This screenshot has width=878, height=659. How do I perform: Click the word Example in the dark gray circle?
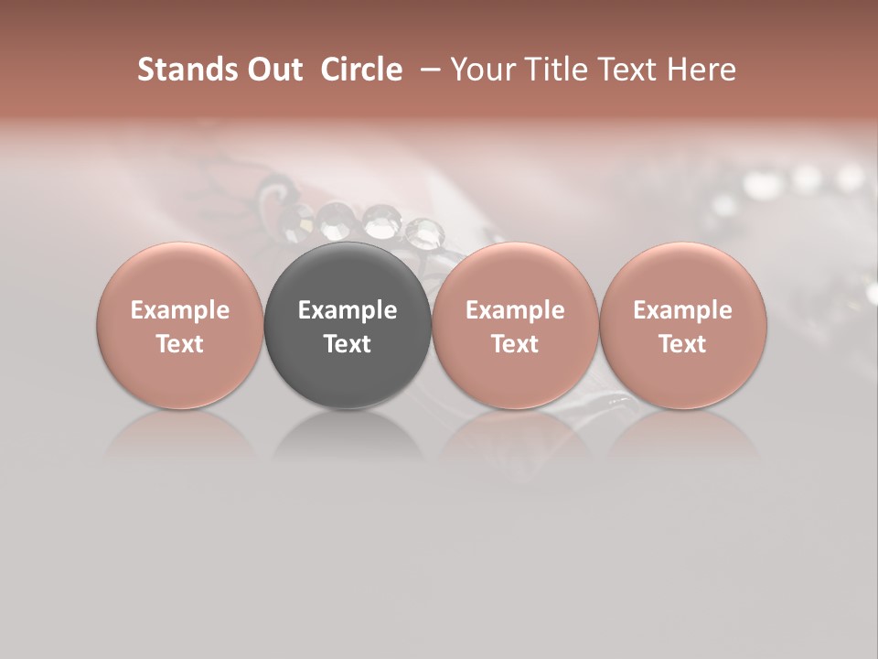tap(348, 310)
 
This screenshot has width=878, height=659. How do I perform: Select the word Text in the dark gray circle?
tap(348, 344)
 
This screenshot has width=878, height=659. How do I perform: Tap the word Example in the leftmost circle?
tap(180, 310)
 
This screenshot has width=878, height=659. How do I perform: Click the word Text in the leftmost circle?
tap(180, 344)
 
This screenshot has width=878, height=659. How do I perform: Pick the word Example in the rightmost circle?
tap(682, 310)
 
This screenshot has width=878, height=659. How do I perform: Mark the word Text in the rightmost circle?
tap(682, 344)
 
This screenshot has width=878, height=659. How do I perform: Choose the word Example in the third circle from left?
tap(515, 310)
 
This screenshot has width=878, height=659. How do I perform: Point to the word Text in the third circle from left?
tap(515, 344)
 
